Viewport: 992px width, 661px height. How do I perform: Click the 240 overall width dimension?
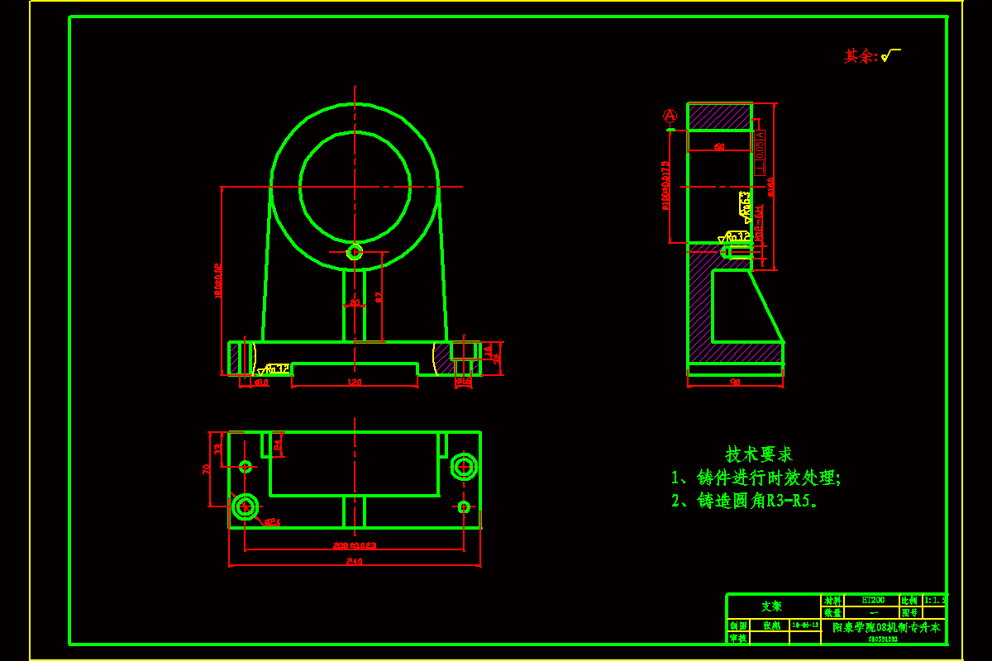(354, 561)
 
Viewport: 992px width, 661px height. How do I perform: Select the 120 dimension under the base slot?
(355, 382)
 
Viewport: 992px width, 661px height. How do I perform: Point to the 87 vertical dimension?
(379, 297)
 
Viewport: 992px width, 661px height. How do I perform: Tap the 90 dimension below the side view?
(735, 382)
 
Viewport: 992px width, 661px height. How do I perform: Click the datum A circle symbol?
(670, 116)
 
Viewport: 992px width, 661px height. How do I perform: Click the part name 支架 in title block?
(772, 606)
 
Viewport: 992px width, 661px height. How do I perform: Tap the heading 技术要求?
(759, 454)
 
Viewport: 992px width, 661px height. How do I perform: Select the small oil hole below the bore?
(355, 251)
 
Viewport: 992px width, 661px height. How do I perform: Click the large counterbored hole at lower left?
(246, 506)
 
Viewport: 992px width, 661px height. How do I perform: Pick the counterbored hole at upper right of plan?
(464, 467)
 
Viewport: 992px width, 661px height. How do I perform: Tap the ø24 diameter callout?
(272, 522)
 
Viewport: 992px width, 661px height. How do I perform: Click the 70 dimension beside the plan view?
(207, 468)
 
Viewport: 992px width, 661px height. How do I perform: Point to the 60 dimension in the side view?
(719, 146)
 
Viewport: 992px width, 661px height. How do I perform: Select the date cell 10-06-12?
(805, 625)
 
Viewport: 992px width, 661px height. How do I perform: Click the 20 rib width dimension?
(355, 303)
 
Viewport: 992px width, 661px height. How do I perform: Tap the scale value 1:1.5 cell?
(935, 600)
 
